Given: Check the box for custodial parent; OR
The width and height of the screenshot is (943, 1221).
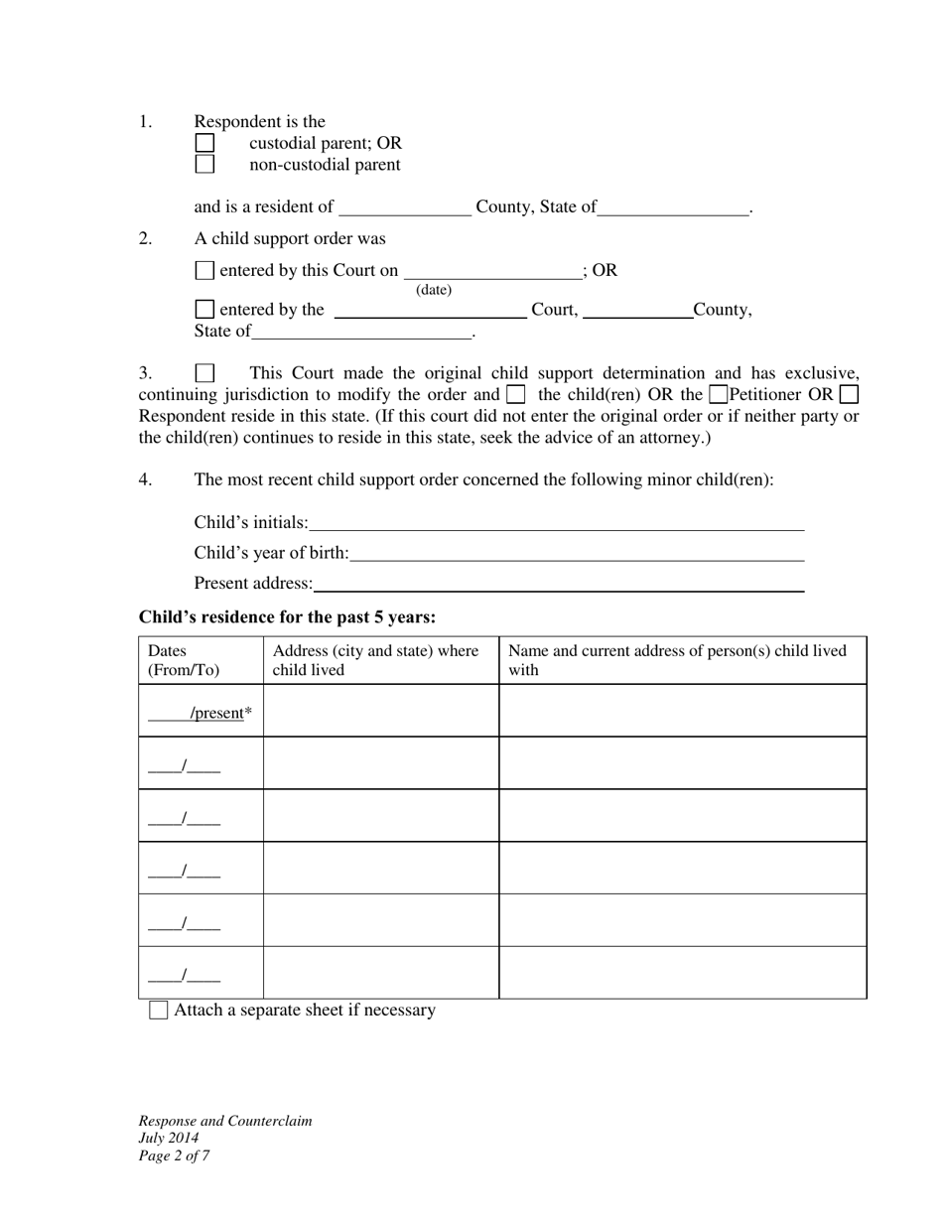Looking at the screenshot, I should [204, 143].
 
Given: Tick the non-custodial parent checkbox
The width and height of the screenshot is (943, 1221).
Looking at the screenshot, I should [204, 165].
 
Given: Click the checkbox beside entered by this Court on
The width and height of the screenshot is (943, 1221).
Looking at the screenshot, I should [204, 270].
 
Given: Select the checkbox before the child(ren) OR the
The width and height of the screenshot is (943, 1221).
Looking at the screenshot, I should [515, 394].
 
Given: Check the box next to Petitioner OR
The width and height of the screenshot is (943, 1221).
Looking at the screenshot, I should [720, 394].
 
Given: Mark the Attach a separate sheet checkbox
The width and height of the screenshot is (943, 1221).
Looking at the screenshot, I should [158, 1011].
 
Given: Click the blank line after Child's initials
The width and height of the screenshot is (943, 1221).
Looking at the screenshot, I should [556, 523].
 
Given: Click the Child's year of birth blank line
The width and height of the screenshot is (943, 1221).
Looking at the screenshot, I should [576, 553].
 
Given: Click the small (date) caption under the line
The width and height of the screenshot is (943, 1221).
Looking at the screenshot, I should [434, 290].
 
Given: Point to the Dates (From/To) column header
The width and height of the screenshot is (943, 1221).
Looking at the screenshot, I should [184, 660].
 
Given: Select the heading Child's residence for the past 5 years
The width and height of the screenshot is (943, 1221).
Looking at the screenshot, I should [287, 617].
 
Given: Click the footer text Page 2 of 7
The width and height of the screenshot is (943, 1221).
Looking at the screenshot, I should [174, 1155].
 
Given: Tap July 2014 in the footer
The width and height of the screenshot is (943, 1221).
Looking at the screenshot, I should [169, 1139].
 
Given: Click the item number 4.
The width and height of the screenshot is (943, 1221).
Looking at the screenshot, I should [145, 479].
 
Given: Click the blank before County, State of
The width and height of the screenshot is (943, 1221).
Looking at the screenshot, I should [405, 207].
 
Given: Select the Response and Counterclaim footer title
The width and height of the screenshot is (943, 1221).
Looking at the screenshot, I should [225, 1121].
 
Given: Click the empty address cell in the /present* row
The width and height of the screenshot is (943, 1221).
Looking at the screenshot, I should [381, 711].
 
